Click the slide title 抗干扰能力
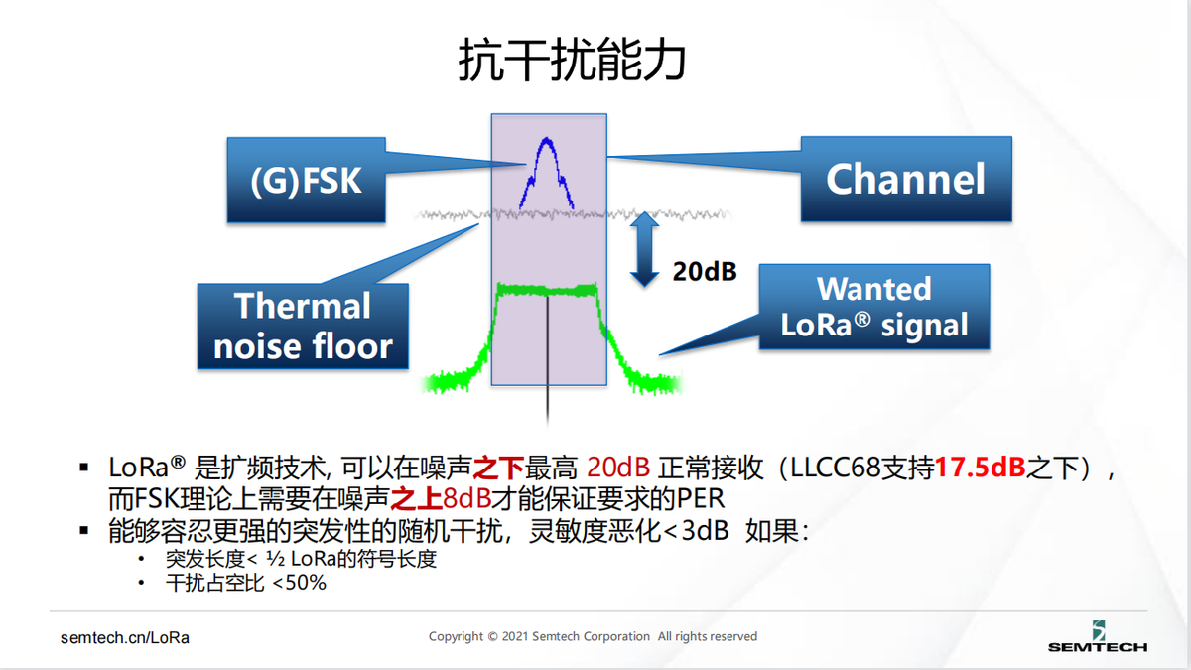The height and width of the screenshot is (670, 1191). tap(572, 60)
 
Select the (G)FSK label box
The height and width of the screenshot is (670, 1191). tap(307, 180)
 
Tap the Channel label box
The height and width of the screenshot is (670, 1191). tap(906, 179)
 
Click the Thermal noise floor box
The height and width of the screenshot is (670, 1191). tap(303, 326)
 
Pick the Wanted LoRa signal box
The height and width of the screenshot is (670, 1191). tap(874, 307)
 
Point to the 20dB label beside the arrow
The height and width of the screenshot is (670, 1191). tap(705, 271)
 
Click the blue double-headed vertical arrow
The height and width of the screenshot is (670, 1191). tap(644, 249)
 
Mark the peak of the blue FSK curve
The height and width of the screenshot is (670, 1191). tap(546, 139)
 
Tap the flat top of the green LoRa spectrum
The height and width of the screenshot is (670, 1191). tap(547, 290)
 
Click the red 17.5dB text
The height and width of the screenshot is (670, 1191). tap(980, 468)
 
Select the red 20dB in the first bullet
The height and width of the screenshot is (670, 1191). tap(618, 468)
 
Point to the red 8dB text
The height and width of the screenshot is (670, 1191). tap(466, 498)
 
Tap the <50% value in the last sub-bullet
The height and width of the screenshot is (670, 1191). tap(300, 583)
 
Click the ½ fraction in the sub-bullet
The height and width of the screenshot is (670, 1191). tap(276, 558)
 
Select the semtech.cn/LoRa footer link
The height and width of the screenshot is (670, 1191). tap(125, 637)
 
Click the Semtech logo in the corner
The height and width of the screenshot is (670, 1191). tap(1098, 636)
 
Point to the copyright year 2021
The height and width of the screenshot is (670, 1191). tap(515, 636)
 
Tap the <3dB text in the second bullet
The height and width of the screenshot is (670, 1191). tap(697, 530)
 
